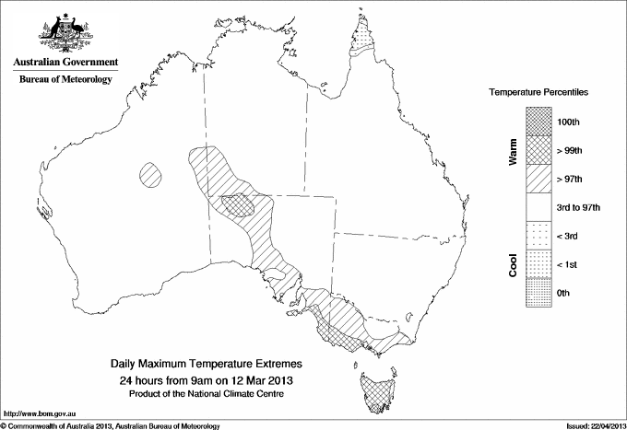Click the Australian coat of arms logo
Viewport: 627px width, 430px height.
click(x=65, y=32)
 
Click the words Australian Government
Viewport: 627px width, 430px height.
click(x=65, y=63)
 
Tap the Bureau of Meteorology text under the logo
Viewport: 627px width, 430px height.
click(x=65, y=80)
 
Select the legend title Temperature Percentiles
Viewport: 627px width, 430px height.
click(x=539, y=93)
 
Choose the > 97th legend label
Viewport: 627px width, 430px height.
click(x=571, y=179)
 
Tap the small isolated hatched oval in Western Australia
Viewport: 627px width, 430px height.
click(x=151, y=172)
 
